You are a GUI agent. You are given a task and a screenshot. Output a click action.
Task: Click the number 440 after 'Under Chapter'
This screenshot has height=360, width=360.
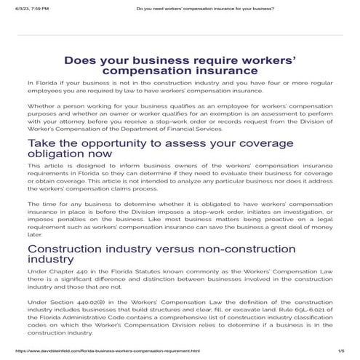pyautogui.click(x=78, y=272)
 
